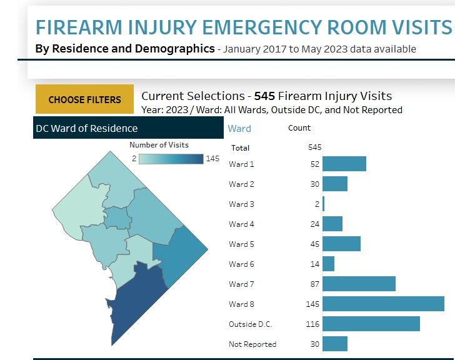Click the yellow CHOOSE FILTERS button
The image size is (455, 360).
(x=84, y=99)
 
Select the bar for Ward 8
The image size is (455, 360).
(x=383, y=304)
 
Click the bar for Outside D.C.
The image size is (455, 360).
(x=371, y=324)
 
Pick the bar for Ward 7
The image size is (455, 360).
(x=359, y=284)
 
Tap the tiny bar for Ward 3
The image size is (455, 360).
(x=323, y=204)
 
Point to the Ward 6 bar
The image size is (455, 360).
(x=328, y=264)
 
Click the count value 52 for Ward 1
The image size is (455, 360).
(x=314, y=164)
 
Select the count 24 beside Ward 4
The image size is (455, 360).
(x=314, y=224)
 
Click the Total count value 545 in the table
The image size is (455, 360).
(x=314, y=147)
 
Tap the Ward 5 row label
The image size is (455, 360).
(x=241, y=244)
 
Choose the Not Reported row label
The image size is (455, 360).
(x=252, y=344)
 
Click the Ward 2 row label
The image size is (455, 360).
(x=241, y=184)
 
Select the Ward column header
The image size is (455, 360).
(x=239, y=129)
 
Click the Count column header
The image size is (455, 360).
(x=299, y=128)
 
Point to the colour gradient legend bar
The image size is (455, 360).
(x=171, y=159)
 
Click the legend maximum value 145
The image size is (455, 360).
(x=212, y=159)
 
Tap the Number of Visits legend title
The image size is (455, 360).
(x=159, y=144)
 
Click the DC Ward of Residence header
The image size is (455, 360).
(x=87, y=129)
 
